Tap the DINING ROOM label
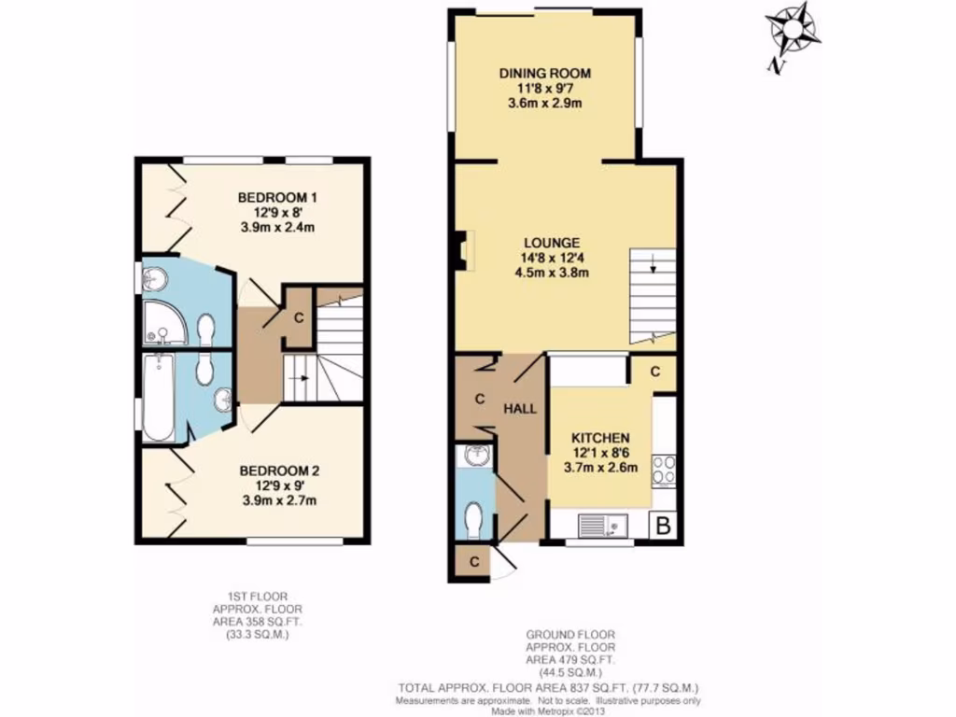tap(545, 74)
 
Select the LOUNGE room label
tap(545, 242)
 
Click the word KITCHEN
tap(599, 438)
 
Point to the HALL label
tap(520, 408)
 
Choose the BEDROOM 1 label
tap(277, 198)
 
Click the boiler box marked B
tap(663, 526)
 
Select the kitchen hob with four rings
tap(664, 470)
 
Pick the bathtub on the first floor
tap(158, 399)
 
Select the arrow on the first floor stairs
tap(301, 378)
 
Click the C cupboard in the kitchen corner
tap(655, 372)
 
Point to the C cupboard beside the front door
tap(474, 562)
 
